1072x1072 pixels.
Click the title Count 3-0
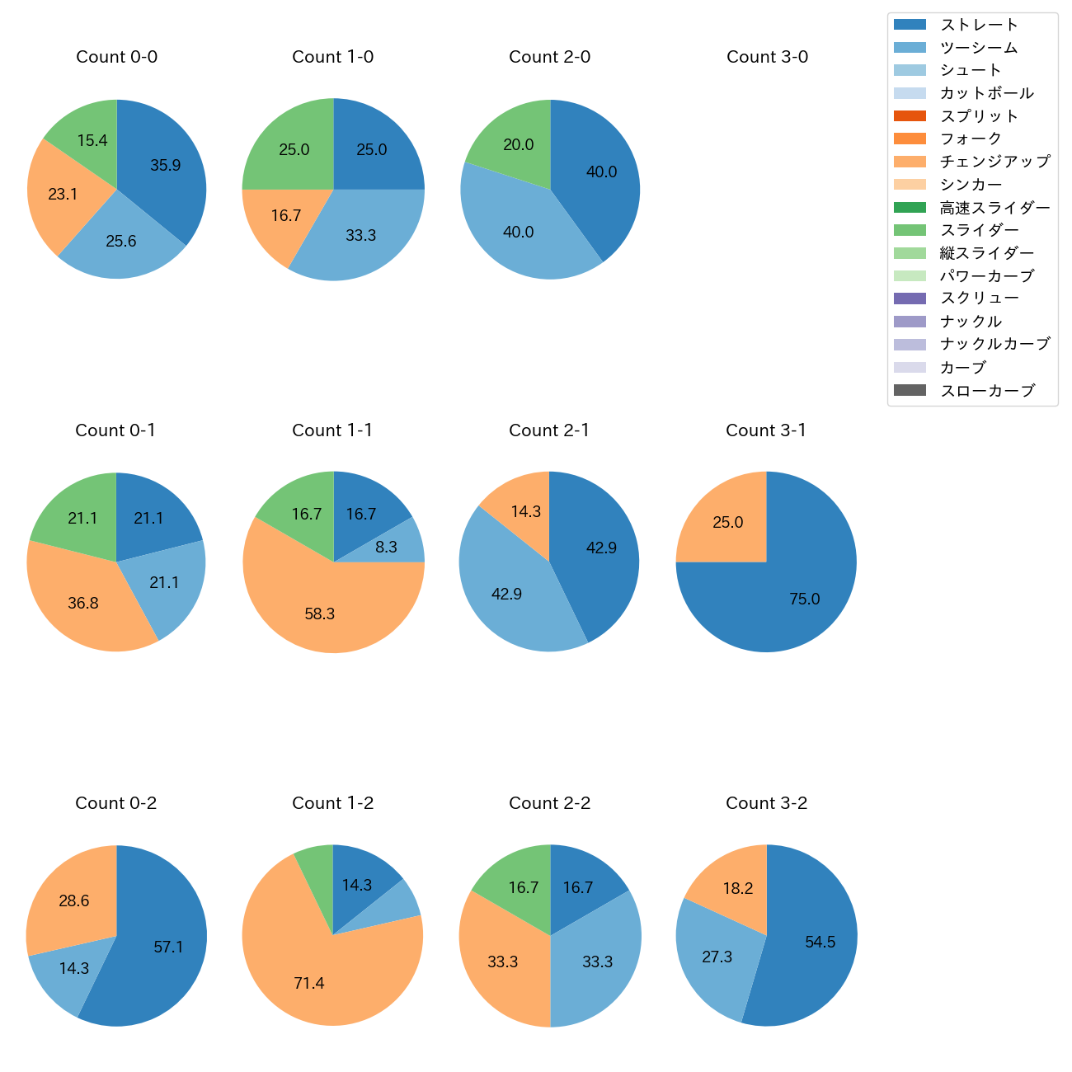[767, 57]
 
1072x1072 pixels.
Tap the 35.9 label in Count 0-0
[166, 165]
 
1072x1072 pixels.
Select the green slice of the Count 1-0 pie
[289, 148]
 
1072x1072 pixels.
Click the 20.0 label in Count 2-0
[519, 144]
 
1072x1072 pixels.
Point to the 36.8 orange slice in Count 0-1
[82, 603]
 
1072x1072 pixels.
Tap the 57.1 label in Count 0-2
[168, 947]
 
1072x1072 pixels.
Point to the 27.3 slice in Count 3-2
[716, 957]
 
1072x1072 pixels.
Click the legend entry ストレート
[979, 25]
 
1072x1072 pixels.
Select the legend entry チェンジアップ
[995, 162]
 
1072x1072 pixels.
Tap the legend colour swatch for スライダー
[910, 230]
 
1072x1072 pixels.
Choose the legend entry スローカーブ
[987, 391]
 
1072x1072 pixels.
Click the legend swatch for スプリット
[910, 115]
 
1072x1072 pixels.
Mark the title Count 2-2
[550, 803]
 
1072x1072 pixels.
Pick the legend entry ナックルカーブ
[995, 345]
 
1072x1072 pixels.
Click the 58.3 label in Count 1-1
[320, 614]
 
